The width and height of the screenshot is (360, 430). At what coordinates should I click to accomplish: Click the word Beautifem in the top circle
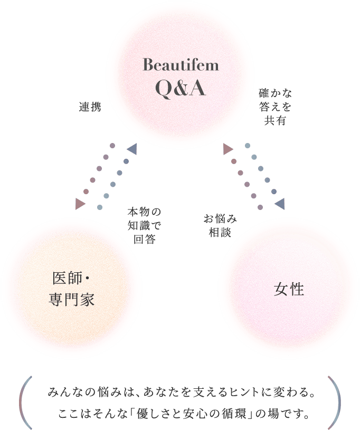181,65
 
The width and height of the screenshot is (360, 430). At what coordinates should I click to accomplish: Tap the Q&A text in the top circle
181,88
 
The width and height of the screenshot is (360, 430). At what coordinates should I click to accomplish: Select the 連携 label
90,107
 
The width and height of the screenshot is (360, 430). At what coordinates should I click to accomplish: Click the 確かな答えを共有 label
275,107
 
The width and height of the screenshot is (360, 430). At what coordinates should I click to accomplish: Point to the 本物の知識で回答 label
144,226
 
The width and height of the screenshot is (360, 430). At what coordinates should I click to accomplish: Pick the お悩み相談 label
220,226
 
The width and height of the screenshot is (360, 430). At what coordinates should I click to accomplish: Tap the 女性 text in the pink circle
289,289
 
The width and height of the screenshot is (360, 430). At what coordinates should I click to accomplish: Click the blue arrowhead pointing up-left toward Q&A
132,149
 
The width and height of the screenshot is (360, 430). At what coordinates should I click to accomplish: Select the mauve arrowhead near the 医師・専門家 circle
80,204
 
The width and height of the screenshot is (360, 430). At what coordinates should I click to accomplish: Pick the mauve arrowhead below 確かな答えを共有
228,149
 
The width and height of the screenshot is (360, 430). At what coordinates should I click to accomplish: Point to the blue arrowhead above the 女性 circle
280,204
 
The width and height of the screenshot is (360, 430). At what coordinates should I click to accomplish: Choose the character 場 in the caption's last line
273,414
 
